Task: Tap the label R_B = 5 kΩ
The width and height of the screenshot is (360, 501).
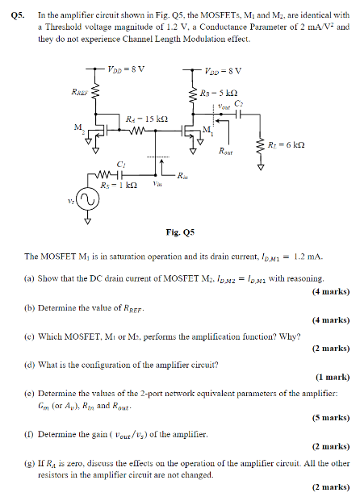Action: (217, 93)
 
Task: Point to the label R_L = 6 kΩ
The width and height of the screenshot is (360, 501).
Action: (287, 145)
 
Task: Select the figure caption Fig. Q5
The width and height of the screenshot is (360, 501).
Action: (180, 233)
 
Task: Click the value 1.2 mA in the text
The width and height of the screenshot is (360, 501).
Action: (308, 257)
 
